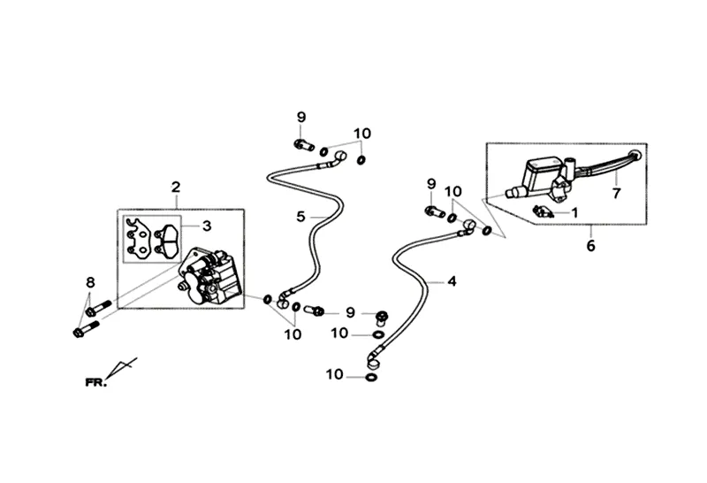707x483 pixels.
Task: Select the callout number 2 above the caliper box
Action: pos(176,187)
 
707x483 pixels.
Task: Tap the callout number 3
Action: pos(206,226)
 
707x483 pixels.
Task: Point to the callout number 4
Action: pos(452,282)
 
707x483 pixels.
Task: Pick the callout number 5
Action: pos(300,216)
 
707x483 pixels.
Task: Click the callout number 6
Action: pos(591,246)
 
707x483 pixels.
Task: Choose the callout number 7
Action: pos(616,191)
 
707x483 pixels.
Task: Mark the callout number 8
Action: pos(89,282)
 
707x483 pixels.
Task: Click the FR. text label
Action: pos(95,382)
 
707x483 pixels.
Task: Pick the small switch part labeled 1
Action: pos(544,211)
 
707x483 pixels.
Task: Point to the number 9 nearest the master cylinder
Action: pos(432,184)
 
